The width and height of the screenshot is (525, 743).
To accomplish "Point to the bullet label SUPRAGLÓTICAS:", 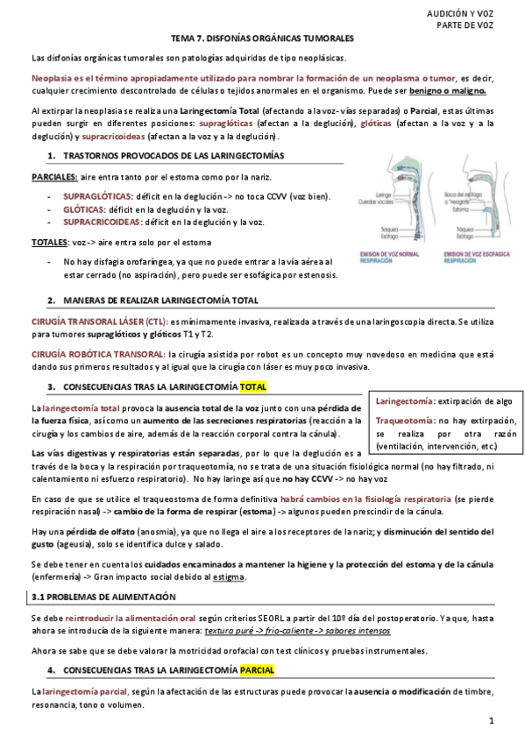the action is coord(98,196).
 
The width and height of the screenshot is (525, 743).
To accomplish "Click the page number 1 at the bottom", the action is coord(493,720).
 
